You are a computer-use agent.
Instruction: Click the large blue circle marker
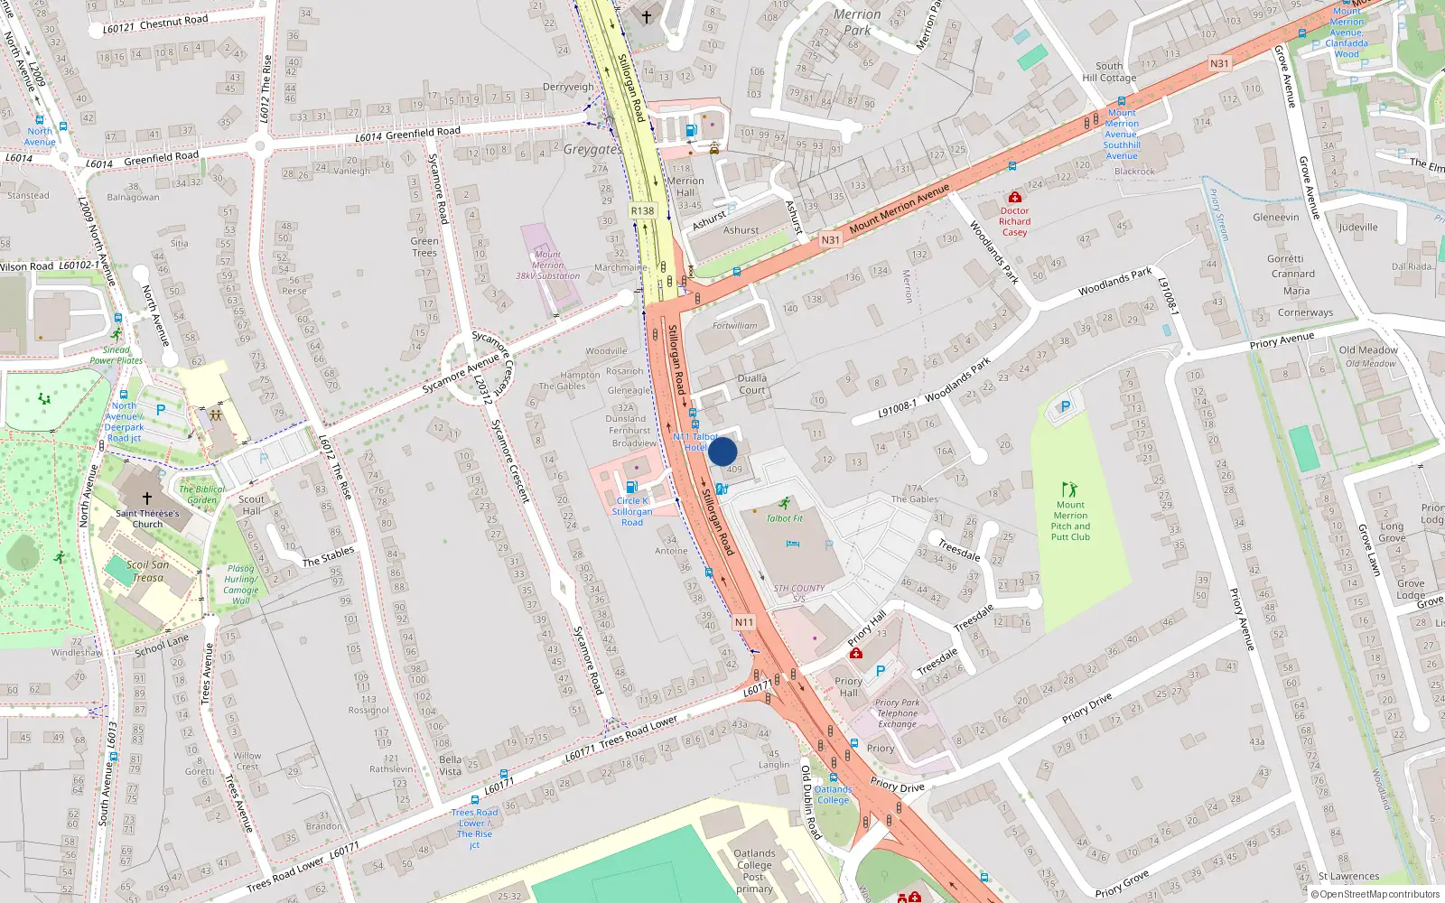tap(722, 451)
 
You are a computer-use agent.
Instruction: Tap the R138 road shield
tap(642, 210)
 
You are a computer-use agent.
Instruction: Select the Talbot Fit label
tap(784, 517)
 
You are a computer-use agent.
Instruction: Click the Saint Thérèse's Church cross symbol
tap(147, 498)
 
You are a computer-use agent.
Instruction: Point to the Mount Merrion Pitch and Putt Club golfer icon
tap(1070, 489)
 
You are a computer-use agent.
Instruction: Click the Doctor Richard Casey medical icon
tap(1015, 197)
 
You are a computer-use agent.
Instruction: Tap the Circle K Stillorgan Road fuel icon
tap(632, 487)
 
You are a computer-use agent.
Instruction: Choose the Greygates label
tap(592, 149)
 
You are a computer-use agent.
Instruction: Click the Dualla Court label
tap(752, 384)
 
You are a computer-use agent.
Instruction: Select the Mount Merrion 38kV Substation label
tap(547, 265)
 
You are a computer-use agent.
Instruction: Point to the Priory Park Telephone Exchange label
tap(897, 713)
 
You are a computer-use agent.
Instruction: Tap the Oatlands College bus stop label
tap(833, 795)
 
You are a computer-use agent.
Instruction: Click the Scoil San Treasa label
tap(147, 571)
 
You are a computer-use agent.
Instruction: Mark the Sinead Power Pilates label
tap(116, 355)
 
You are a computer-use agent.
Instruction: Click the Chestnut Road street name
tap(173, 21)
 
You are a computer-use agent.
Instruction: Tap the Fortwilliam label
tap(735, 325)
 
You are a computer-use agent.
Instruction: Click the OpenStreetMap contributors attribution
tap(1375, 894)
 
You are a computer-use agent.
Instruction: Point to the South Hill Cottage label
tap(1109, 71)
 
